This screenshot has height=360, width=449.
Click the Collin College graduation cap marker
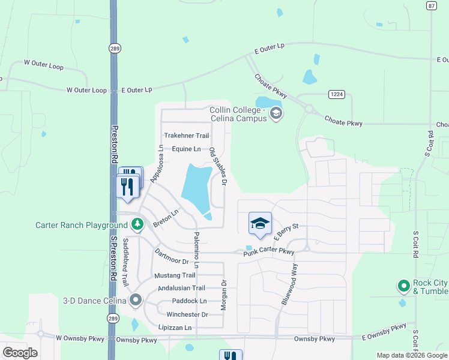tap(276, 113)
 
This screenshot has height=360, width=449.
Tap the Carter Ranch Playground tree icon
tap(137, 225)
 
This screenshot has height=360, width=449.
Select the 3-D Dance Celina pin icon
tap(136, 300)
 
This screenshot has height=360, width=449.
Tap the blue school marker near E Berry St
tap(260, 223)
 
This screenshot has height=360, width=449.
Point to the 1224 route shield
tap(336, 94)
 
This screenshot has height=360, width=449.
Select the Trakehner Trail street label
tap(187, 136)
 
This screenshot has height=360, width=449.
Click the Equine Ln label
tap(186, 149)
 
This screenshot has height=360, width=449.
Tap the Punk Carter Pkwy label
tap(268, 253)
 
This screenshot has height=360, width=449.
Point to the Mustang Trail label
tap(175, 275)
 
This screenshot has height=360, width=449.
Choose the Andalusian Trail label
tap(181, 288)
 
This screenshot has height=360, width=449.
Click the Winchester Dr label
tap(187, 314)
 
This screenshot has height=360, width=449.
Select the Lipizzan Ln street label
tap(175, 328)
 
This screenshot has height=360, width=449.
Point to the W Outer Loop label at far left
tap(43, 62)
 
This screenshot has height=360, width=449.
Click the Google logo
tap(20, 353)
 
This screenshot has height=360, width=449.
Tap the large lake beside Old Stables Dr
tap(196, 186)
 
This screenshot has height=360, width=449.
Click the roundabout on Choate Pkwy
tap(310, 109)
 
